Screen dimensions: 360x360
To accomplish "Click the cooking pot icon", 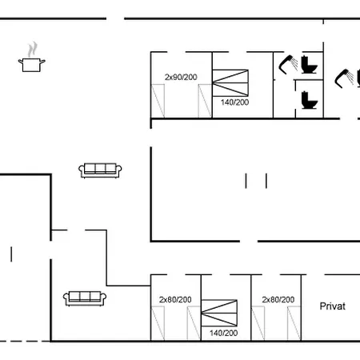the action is [x=32, y=65].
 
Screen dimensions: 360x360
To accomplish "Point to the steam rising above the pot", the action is [x=32, y=50].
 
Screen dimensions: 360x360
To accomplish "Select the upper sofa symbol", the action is [x=100, y=170].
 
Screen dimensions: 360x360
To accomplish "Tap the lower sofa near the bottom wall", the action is [x=85, y=298].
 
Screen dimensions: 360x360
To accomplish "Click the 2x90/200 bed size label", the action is [x=181, y=77].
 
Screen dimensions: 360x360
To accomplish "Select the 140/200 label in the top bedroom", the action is [x=234, y=102].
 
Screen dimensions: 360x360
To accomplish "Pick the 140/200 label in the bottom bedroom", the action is [x=223, y=333].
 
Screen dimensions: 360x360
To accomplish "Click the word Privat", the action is [x=332, y=306].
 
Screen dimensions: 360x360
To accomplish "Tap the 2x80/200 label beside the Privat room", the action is [x=278, y=299].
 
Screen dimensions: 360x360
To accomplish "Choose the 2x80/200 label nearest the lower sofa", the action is [x=175, y=299].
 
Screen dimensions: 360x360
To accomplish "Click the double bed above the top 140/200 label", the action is [x=230, y=83].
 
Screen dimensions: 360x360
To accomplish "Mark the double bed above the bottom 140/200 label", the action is [x=219, y=313].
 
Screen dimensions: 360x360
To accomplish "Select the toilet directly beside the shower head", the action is [x=309, y=65].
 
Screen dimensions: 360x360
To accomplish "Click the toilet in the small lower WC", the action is [x=310, y=100].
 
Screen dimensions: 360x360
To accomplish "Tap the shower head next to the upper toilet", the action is [x=288, y=64].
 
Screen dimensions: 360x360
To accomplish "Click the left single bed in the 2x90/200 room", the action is [x=158, y=101].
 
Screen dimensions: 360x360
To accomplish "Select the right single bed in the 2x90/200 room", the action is [x=205, y=101].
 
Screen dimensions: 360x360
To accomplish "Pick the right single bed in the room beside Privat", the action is [x=294, y=323].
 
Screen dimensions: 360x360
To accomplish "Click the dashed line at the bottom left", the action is [x=25, y=341].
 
